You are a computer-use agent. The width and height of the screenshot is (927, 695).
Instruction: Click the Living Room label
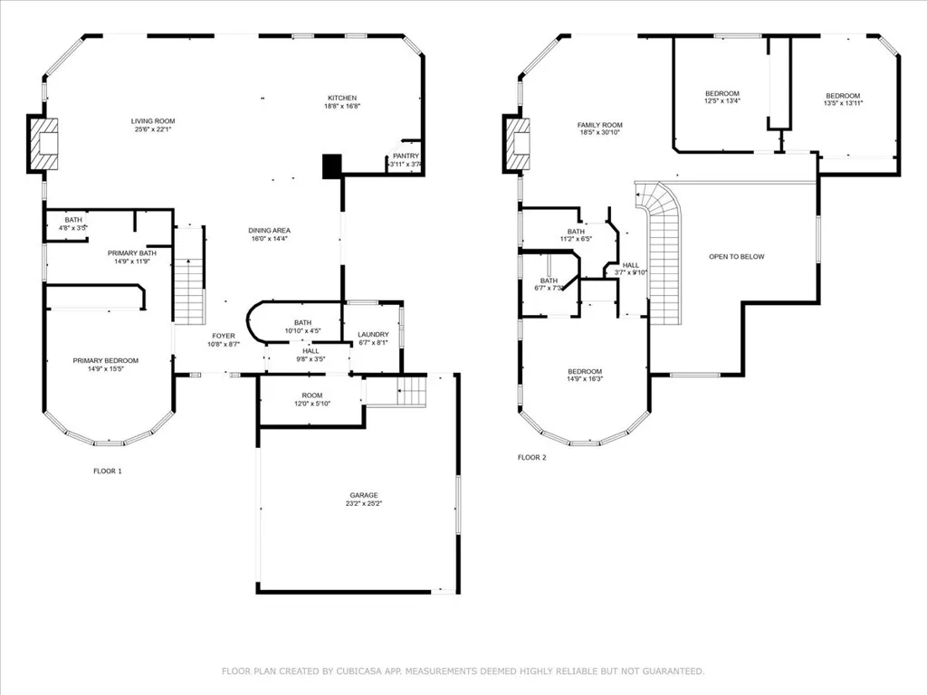[153, 120]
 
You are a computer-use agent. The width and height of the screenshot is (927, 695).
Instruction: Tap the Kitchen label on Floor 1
[342, 98]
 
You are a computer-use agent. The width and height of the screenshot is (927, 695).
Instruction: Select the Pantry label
[406, 156]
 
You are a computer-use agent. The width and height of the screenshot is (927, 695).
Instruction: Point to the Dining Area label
[270, 231]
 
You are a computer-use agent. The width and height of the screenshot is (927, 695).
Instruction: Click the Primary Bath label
[131, 252]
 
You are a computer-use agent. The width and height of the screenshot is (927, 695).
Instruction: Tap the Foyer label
[223, 336]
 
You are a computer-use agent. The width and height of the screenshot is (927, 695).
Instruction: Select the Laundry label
[372, 335]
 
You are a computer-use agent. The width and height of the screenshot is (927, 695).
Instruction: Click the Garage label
[364, 495]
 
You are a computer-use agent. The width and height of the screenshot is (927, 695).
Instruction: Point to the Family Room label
[600, 125]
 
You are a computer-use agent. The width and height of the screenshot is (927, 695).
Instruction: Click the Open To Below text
[736, 256]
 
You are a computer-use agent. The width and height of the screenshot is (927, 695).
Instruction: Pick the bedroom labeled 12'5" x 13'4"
[722, 94]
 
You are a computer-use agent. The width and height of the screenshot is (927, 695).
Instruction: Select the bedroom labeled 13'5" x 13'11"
[842, 96]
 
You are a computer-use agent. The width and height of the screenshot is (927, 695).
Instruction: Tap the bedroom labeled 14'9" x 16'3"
[585, 371]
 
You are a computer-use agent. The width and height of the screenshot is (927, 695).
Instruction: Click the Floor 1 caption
[107, 471]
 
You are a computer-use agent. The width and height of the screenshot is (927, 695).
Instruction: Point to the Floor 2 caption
[531, 457]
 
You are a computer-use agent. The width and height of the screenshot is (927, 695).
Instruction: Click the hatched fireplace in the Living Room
[43, 144]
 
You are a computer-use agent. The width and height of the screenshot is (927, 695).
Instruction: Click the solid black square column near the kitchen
[332, 166]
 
